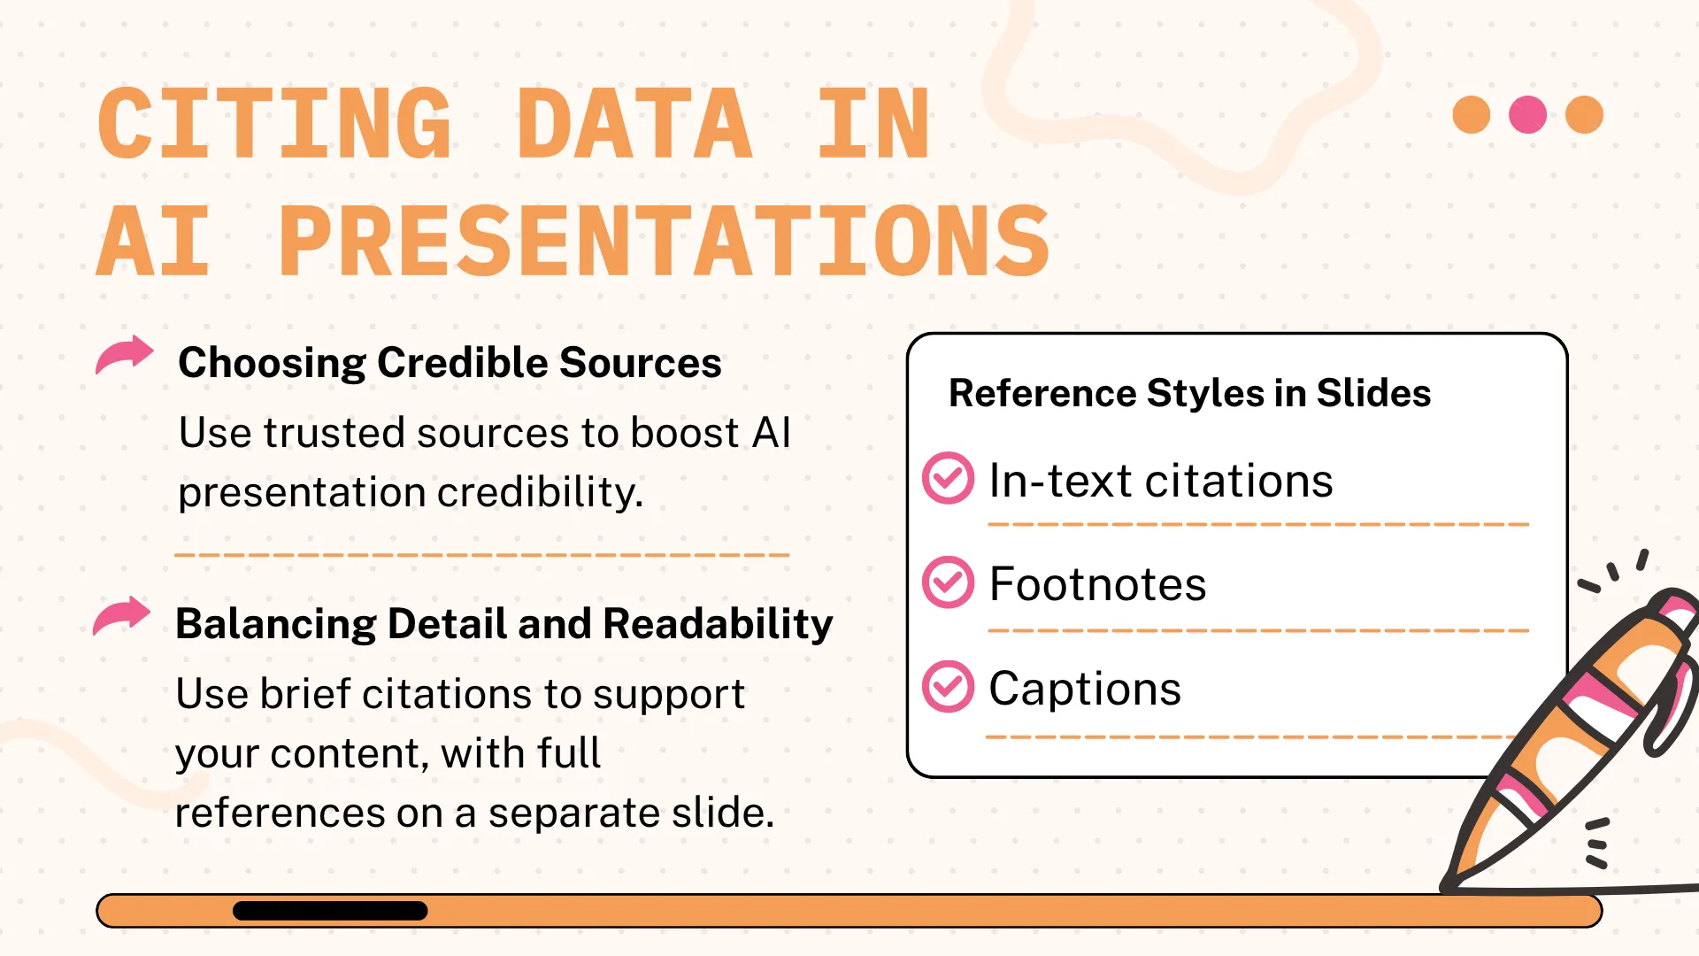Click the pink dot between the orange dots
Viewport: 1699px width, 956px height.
click(x=1527, y=115)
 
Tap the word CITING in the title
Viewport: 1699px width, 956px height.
click(x=274, y=124)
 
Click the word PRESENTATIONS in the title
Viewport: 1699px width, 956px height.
click(x=665, y=241)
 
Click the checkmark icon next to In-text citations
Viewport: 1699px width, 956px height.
click(x=948, y=478)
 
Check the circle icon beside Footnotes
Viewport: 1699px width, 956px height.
click(x=948, y=582)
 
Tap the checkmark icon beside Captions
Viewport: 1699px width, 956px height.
click(x=948, y=687)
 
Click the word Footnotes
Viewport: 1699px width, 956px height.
click(x=1097, y=584)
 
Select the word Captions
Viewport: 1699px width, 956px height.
click(x=1085, y=689)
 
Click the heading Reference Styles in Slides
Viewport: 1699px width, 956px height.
click(x=1189, y=393)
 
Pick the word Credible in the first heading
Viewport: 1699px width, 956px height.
click(x=463, y=363)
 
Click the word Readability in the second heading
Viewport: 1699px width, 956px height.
click(x=718, y=624)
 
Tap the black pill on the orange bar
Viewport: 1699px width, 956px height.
click(x=330, y=911)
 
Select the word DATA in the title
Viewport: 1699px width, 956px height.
click(x=634, y=124)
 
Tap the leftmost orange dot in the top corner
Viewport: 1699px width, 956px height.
click(x=1472, y=115)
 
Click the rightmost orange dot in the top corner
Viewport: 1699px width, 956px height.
click(x=1584, y=115)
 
